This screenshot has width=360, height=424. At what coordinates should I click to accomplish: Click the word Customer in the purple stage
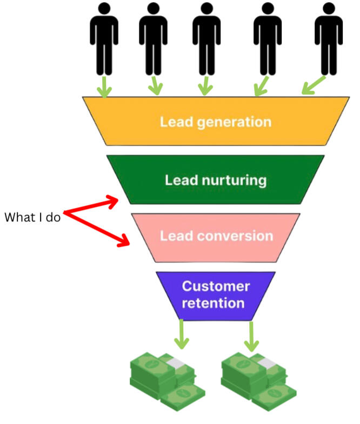coord(216,286)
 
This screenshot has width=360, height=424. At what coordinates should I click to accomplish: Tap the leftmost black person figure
coord(103,38)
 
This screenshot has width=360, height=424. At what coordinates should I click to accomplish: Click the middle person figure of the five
coord(206,38)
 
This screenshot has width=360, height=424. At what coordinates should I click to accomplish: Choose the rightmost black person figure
coord(328,38)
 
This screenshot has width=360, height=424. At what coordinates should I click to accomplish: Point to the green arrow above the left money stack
coord(182,336)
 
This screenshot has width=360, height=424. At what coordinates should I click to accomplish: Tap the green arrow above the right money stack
coord(251,336)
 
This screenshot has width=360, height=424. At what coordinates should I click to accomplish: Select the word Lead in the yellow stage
coord(174,122)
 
